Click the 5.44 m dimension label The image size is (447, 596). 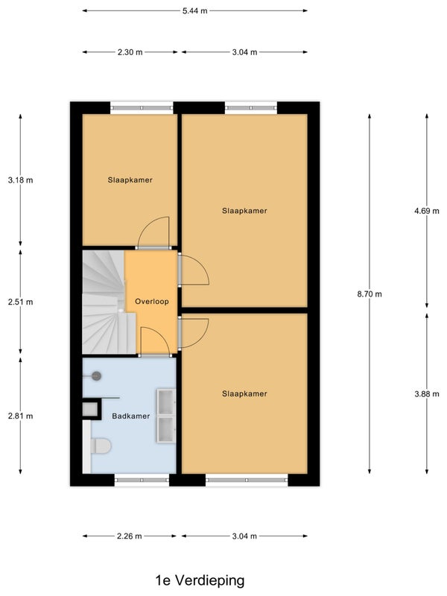pos(194,10)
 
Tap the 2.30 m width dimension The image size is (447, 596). pos(130,52)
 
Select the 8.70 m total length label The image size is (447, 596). pos(370,294)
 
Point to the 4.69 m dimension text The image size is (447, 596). pos(426,211)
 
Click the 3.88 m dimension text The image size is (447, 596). pos(426,394)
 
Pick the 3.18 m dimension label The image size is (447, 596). pos(21,180)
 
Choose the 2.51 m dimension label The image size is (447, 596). pos(21,302)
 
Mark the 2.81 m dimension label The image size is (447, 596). pos(21,416)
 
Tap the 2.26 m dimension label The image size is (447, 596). pos(129,536)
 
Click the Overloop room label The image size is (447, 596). pos(152,302)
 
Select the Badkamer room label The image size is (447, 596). pos(131,416)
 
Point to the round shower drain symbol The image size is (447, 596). pos(97,376)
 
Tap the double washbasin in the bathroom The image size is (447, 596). pos(166,416)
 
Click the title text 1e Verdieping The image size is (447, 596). pos(200,580)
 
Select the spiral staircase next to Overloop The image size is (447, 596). pos(104,302)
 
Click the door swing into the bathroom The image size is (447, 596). pos(155,341)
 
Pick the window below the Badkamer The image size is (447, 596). pos(142,480)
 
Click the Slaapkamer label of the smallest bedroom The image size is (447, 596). pos(130,180)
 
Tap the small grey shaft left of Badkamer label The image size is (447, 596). pos(90,409)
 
